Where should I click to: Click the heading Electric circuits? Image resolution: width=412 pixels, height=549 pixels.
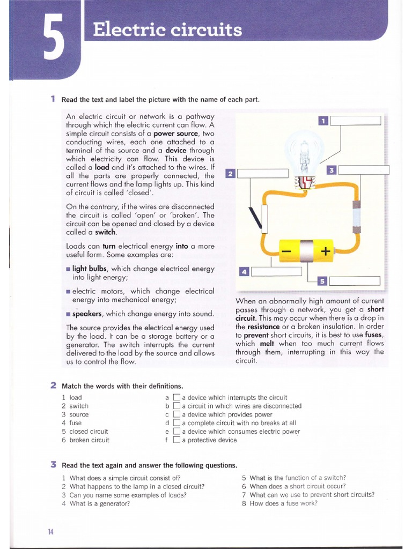pos(167,30)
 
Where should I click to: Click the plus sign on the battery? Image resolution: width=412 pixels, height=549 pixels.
pos(325,251)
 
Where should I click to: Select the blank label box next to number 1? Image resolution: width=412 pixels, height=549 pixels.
pos(355,121)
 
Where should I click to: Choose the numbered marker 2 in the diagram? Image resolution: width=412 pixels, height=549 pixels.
pos(231,174)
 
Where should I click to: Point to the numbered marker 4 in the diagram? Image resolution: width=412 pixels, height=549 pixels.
pos(243,272)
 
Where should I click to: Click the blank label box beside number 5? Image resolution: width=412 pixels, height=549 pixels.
pos(355,281)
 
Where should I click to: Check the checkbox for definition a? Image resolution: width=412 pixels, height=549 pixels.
pos(177,398)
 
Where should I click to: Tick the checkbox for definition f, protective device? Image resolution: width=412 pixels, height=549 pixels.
pos(177,440)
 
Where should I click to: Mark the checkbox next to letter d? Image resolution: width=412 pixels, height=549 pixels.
pos(177,423)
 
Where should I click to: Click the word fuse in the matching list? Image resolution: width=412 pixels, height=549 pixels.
pos(76,423)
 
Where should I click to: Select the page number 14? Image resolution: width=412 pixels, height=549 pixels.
pos(50,531)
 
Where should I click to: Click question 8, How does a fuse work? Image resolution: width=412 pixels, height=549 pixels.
pos(283,503)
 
